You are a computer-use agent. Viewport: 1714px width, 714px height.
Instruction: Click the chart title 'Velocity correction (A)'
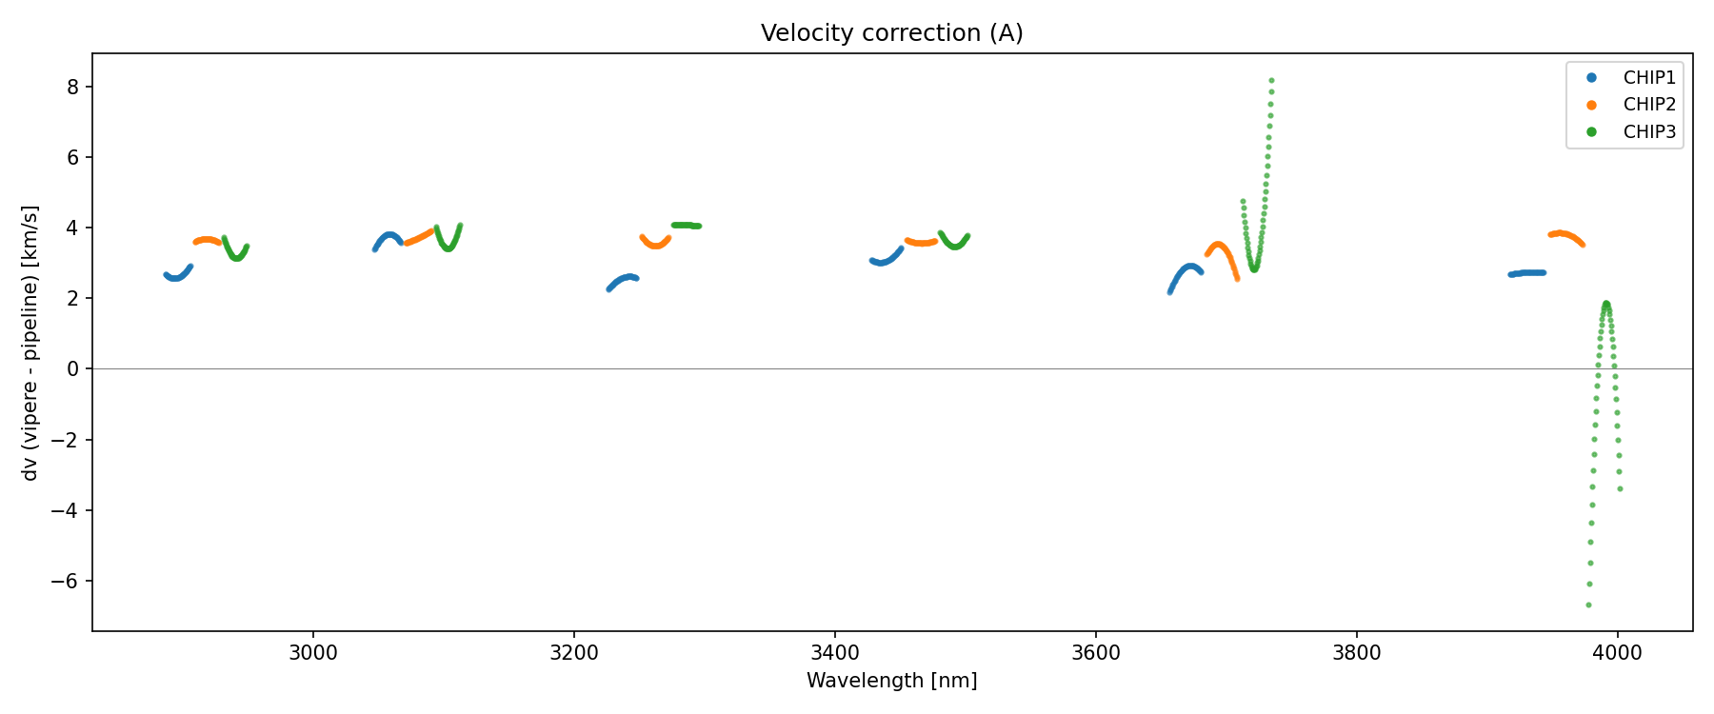891,33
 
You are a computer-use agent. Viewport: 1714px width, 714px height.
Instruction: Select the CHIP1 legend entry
1648,77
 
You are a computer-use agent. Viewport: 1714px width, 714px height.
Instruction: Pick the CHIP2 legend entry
1648,105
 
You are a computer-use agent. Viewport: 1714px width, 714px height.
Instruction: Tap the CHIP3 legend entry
1648,132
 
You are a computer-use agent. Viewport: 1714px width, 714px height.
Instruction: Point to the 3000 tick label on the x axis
313,653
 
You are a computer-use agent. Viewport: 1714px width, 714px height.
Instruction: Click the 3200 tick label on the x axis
574,653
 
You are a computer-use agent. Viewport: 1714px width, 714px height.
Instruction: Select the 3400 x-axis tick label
835,653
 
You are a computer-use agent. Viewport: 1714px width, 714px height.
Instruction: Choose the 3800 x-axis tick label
1357,653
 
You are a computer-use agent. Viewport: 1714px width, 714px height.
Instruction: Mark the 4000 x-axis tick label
1618,653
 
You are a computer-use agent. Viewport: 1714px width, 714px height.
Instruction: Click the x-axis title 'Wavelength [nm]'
891,681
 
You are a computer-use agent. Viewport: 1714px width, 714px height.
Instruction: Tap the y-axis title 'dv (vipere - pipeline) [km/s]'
30,343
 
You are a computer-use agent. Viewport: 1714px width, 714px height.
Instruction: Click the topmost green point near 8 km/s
1271,81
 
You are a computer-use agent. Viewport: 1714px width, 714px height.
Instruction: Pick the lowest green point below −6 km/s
1588,605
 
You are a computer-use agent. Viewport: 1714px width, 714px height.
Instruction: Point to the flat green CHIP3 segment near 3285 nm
686,226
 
